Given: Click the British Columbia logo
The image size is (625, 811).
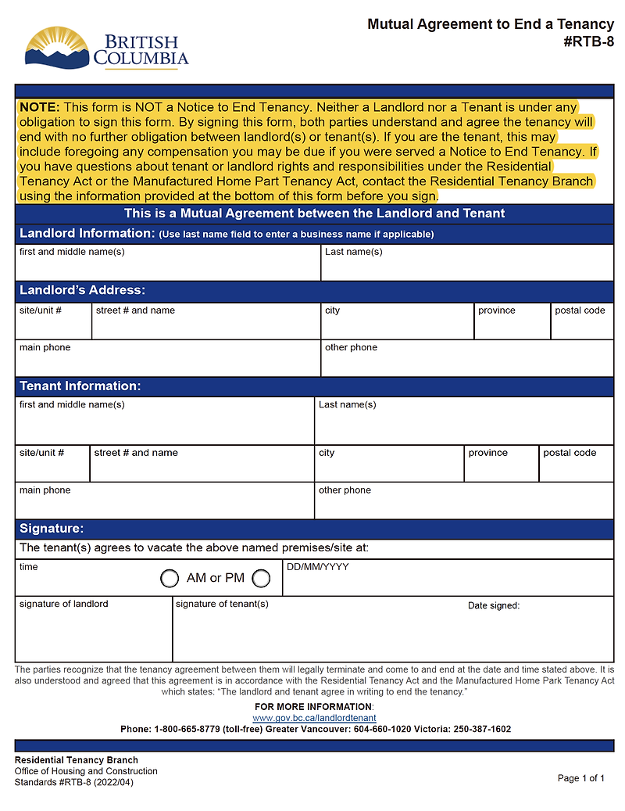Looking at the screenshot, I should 106,48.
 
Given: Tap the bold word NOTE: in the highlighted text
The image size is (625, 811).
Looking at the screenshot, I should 39,106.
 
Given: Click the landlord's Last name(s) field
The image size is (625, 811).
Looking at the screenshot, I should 467,264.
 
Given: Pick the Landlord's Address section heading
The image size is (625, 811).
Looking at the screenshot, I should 82,290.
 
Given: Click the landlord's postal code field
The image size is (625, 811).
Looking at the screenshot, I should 581,322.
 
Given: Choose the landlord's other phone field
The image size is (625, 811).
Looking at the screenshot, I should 467,359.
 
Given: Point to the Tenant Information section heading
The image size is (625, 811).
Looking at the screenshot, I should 80,386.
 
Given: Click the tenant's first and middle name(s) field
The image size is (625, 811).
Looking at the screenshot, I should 164,422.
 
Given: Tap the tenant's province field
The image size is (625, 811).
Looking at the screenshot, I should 501,465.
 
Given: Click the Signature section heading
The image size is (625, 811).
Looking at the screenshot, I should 52,529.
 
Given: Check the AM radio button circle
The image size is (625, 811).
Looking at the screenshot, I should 170,579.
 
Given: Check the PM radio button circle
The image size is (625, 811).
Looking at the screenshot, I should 261,579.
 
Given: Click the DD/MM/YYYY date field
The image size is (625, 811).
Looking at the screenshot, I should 448,580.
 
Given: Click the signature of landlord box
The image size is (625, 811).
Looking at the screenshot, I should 93,630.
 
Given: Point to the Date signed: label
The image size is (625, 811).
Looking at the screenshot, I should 494,605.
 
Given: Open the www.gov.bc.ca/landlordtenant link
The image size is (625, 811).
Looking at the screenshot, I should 314,718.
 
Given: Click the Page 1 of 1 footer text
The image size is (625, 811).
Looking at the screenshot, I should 581,778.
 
